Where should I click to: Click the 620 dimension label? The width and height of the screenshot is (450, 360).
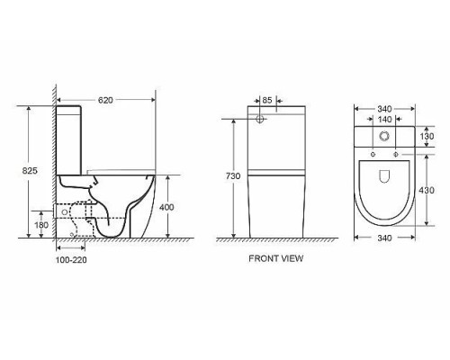(105, 100)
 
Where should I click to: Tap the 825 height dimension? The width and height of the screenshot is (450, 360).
(30, 170)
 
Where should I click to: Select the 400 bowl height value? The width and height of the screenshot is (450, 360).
(166, 207)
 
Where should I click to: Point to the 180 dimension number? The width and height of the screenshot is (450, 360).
(41, 225)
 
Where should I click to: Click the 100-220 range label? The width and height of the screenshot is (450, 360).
(71, 260)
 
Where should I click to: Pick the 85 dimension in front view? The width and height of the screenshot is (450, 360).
(267, 100)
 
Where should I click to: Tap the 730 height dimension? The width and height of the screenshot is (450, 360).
(233, 176)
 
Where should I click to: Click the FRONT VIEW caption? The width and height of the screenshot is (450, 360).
(276, 258)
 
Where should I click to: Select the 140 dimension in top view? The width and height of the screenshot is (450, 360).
(384, 120)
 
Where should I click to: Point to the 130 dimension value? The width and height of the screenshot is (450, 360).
(427, 137)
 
